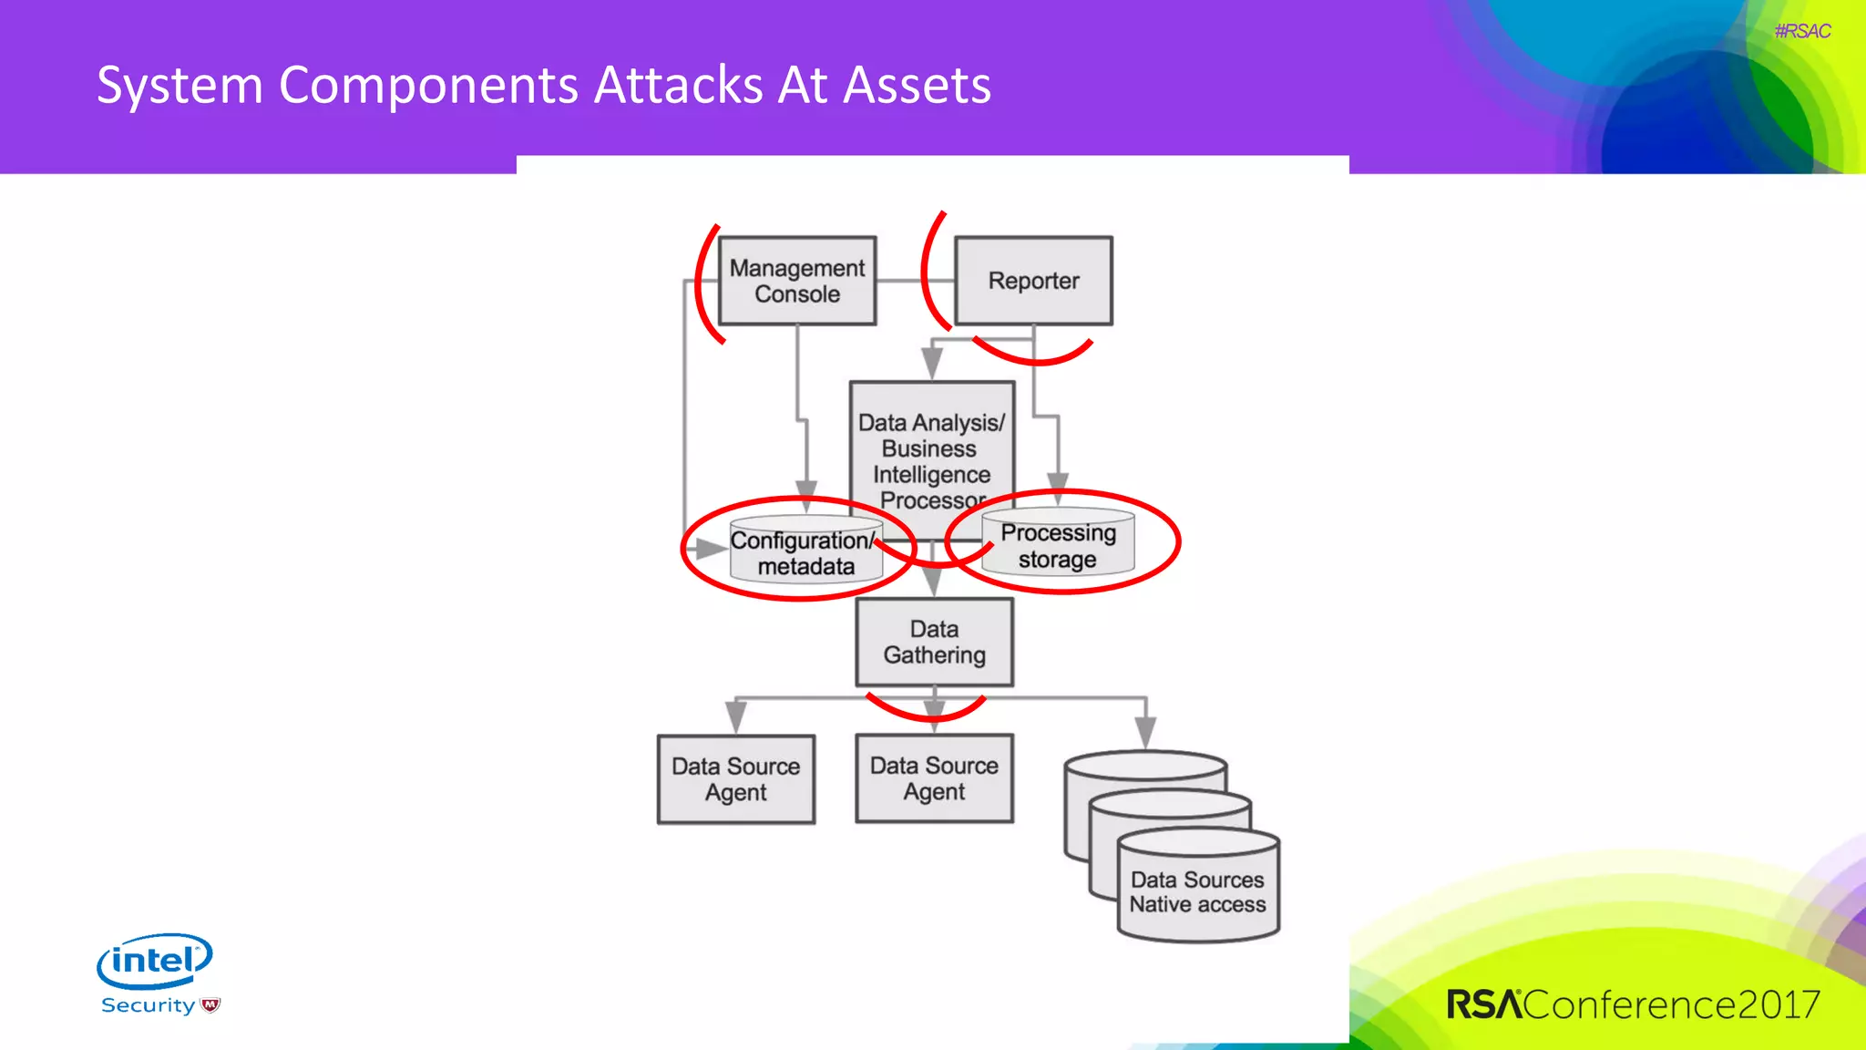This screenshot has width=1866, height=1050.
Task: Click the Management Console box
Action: (797, 281)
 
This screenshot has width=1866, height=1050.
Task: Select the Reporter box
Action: (1033, 281)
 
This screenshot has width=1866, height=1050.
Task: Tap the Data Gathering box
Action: (934, 643)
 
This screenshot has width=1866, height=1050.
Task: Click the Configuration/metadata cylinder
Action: (805, 554)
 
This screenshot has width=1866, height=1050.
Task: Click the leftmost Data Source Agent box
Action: (735, 779)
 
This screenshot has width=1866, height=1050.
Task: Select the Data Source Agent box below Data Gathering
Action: (934, 778)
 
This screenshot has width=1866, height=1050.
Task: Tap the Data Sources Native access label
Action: (1197, 892)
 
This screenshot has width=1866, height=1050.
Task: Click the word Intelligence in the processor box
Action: (931, 475)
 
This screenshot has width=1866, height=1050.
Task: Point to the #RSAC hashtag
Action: (1801, 31)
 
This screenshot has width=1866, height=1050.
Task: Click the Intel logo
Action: (155, 960)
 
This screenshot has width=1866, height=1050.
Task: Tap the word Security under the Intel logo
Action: (149, 1005)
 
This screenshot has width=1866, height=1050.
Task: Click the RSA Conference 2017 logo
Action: (1633, 1004)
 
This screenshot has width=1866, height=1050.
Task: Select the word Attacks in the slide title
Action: (679, 86)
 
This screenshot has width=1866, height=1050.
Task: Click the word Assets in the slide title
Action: (917, 86)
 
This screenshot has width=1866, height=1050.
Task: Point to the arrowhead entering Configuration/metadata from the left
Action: (710, 549)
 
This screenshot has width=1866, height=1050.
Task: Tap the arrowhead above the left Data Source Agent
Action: (735, 717)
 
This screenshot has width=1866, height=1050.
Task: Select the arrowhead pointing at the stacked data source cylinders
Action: (1145, 732)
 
